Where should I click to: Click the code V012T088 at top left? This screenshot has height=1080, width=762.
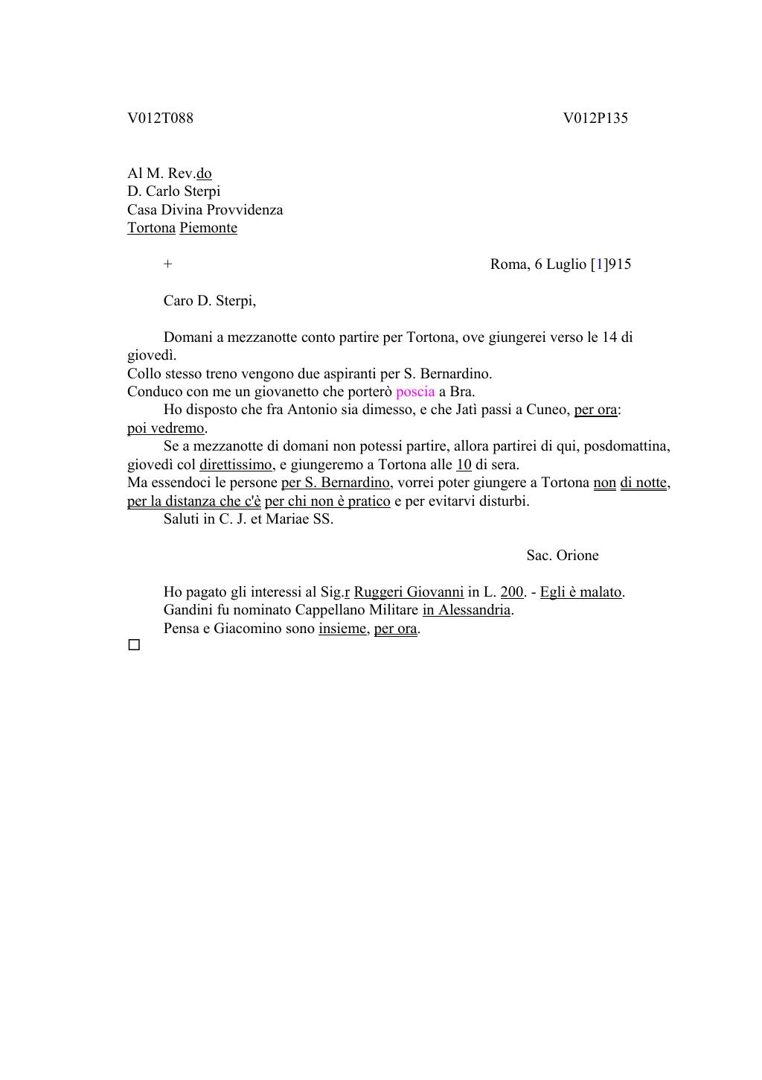tap(160, 118)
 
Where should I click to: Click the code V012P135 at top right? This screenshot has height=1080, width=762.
tap(595, 118)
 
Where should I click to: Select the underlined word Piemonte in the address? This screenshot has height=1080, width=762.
tap(208, 228)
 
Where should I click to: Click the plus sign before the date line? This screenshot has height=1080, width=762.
tap(168, 264)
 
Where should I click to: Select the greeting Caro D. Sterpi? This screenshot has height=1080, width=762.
tap(209, 301)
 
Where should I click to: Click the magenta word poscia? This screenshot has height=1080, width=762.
tap(415, 392)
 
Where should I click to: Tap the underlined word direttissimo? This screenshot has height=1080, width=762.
tap(236, 465)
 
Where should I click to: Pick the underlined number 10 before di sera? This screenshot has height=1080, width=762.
tap(464, 465)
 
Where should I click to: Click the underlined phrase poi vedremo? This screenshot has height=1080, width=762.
tap(165, 428)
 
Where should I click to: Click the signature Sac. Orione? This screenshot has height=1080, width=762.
tap(562, 556)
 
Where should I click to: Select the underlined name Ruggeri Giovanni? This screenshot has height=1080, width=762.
tap(409, 592)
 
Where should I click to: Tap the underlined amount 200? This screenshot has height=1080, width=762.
tap(511, 592)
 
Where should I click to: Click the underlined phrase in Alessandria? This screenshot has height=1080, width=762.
tap(467, 610)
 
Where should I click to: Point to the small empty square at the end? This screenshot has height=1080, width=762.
tap(134, 645)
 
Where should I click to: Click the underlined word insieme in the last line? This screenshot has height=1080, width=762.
tap(342, 629)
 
